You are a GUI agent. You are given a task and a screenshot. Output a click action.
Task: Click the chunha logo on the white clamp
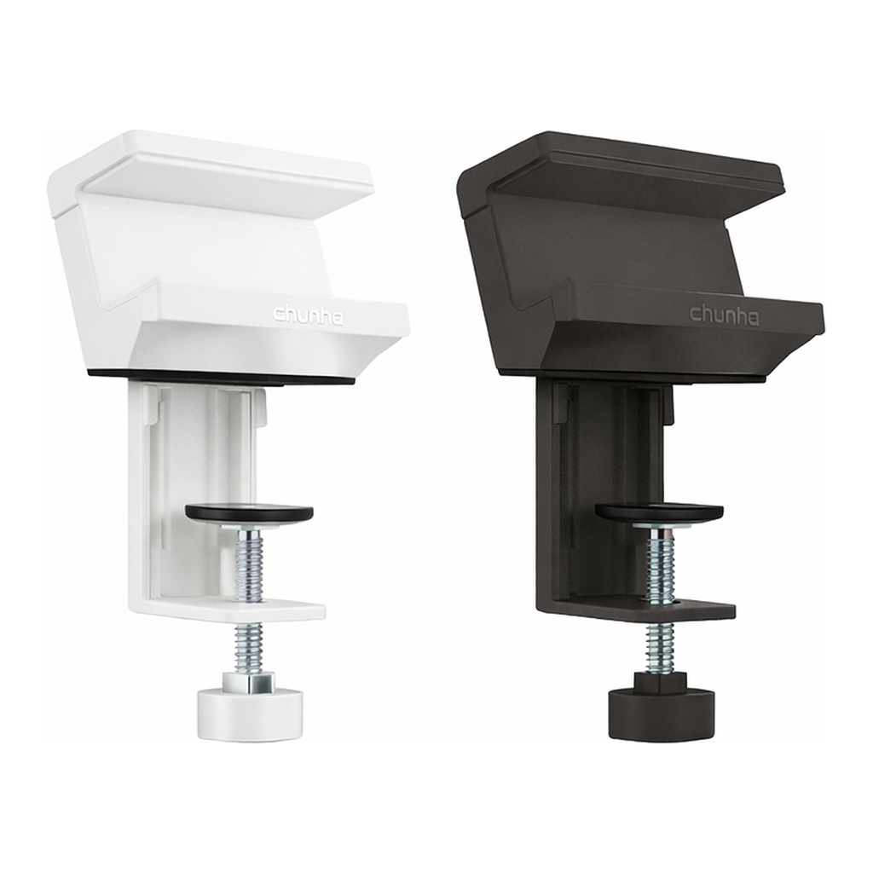tap(308, 315)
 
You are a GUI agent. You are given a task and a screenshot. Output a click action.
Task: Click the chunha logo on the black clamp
tap(724, 315)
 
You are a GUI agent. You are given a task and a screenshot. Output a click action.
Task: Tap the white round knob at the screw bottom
tap(250, 714)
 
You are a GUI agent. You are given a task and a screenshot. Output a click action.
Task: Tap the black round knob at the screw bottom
tap(662, 714)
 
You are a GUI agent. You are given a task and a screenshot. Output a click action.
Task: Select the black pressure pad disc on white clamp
tap(249, 512)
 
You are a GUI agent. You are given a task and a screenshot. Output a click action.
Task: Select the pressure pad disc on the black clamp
tap(659, 512)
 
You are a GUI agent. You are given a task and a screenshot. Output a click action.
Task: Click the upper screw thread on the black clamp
tap(660, 564)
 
